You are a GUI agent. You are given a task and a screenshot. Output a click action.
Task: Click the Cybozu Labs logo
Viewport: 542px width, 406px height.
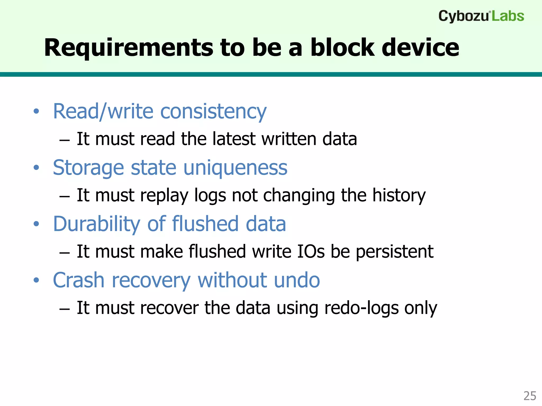pyautogui.click(x=481, y=16)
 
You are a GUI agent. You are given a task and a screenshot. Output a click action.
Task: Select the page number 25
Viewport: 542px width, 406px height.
pyautogui.click(x=530, y=396)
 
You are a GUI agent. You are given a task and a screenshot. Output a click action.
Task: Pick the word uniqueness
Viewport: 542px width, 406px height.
pyautogui.click(x=235, y=168)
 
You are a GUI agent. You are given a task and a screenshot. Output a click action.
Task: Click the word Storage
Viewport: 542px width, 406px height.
pyautogui.click(x=88, y=168)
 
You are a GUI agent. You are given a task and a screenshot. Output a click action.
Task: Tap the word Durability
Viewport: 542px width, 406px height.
pyautogui.click(x=96, y=224)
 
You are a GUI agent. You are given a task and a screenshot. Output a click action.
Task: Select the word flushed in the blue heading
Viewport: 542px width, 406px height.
pyautogui.click(x=205, y=224)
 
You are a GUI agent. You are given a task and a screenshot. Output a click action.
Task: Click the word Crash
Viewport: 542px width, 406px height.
pyautogui.click(x=79, y=280)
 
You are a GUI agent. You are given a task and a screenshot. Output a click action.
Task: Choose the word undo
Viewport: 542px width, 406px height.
pyautogui.click(x=297, y=280)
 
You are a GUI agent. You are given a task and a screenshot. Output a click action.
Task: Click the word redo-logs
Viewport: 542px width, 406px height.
pyautogui.click(x=361, y=308)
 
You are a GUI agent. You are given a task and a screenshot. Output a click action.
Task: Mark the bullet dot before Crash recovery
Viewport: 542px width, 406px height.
pyautogui.click(x=36, y=280)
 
